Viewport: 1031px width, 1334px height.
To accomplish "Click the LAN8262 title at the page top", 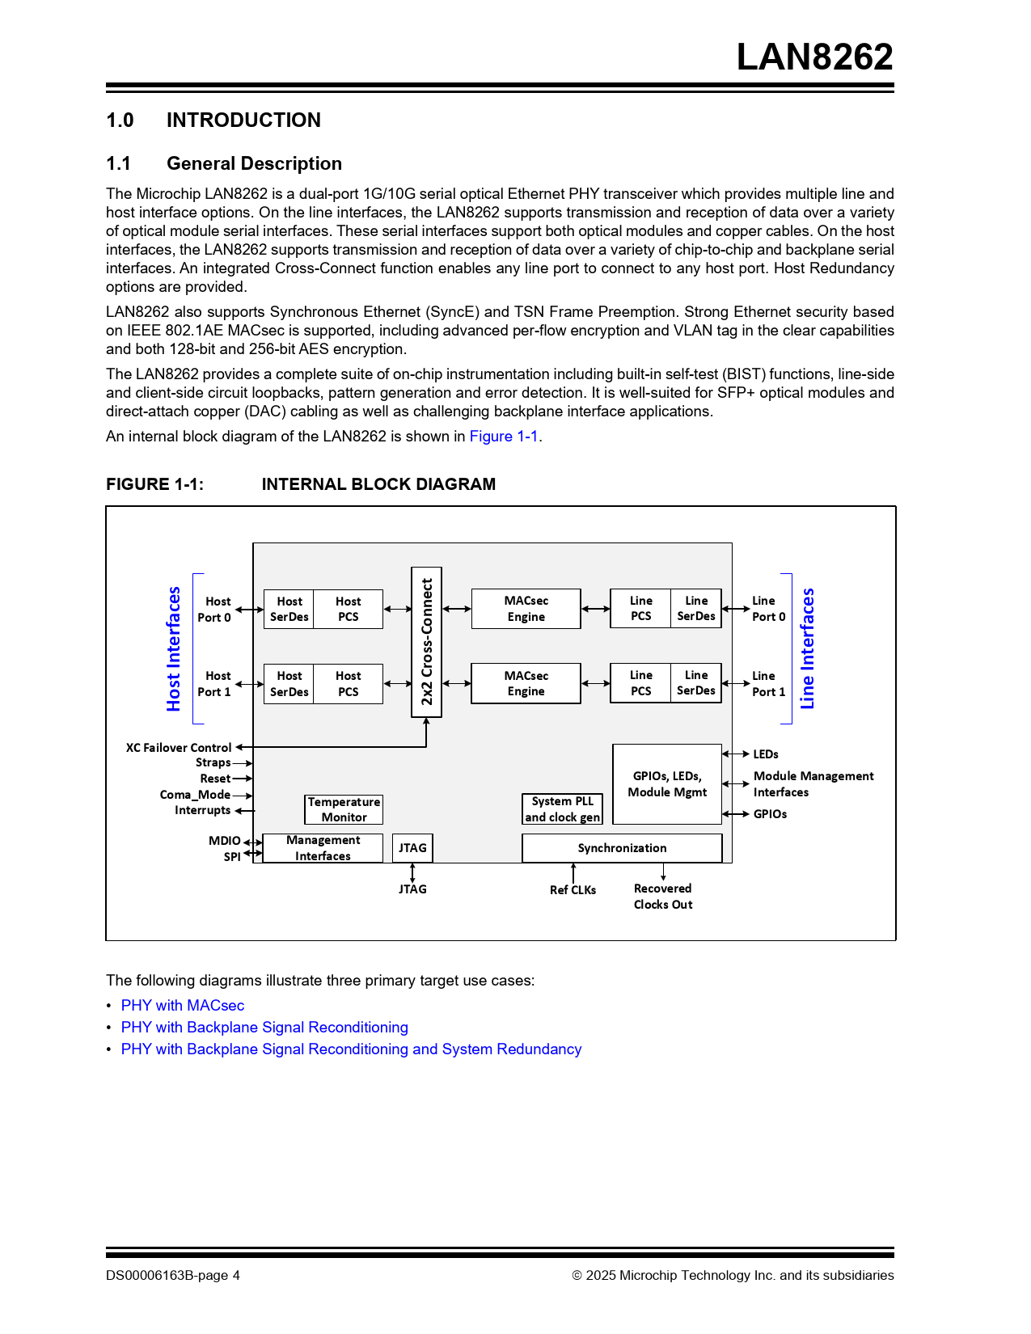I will point(814,57).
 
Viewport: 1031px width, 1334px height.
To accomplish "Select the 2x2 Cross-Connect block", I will point(427,642).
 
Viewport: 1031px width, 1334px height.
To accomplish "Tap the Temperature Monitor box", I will point(344,809).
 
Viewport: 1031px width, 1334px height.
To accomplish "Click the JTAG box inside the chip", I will point(412,848).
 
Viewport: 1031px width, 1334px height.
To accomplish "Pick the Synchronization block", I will point(622,848).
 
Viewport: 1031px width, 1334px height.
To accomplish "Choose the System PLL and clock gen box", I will point(563,809).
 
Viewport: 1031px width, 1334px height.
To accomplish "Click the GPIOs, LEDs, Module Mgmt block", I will point(667,784).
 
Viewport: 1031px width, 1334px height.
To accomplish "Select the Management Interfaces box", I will point(323,848).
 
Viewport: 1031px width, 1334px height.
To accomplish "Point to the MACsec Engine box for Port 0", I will point(526,609).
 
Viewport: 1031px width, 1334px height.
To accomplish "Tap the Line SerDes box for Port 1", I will point(696,683).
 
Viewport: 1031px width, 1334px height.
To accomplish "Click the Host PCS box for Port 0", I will point(349,609).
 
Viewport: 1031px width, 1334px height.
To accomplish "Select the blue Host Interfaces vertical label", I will point(174,648).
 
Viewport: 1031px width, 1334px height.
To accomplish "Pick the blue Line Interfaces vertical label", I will point(807,648).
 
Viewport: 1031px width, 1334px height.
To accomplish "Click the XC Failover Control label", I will point(179,748).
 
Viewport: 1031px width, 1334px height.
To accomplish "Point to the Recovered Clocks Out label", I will point(663,897).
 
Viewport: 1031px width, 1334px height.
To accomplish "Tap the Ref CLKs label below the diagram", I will point(573,890).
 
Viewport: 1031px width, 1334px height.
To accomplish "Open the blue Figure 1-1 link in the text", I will point(504,437).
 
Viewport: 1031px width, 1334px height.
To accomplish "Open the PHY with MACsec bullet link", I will point(183,1006).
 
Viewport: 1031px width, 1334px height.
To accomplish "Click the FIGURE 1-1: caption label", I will point(154,484).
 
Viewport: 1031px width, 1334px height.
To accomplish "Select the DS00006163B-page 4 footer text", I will point(173,1276).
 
